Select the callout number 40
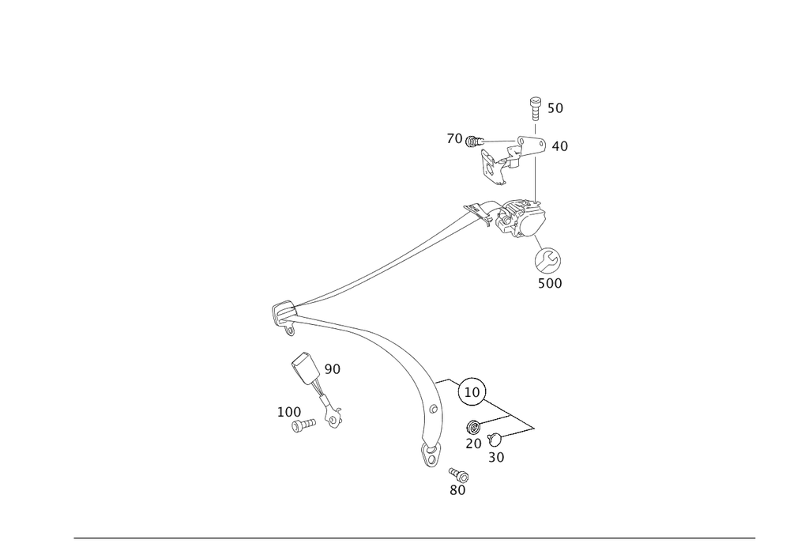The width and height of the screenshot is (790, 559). [x=560, y=146]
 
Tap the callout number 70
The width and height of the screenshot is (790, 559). [x=454, y=139]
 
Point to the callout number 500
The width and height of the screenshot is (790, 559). [x=550, y=283]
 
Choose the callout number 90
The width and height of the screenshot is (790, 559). [x=332, y=368]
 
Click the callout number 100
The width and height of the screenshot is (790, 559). [x=289, y=413]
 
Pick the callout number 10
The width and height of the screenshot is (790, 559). [x=473, y=391]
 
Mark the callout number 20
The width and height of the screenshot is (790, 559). [x=473, y=444]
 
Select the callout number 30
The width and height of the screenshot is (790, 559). [x=497, y=457]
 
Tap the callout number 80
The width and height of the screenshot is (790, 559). [x=457, y=491]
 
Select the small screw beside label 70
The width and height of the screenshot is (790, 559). [x=474, y=142]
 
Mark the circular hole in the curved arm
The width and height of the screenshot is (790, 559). [x=432, y=410]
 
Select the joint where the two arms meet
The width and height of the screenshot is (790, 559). [x=284, y=316]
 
